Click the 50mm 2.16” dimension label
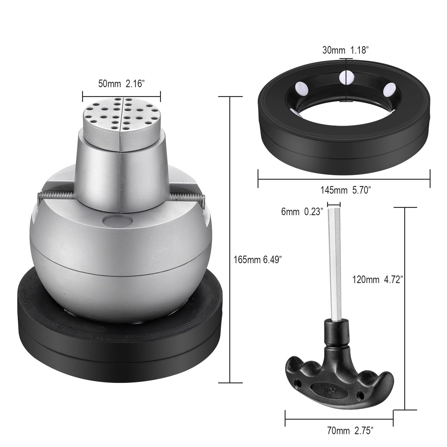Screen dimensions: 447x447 point(121,84)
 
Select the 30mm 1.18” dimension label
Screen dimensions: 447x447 point(345,50)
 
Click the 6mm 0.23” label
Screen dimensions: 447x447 point(302,212)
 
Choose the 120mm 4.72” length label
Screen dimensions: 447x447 point(378,280)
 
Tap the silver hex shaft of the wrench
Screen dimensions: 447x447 point(335,264)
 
